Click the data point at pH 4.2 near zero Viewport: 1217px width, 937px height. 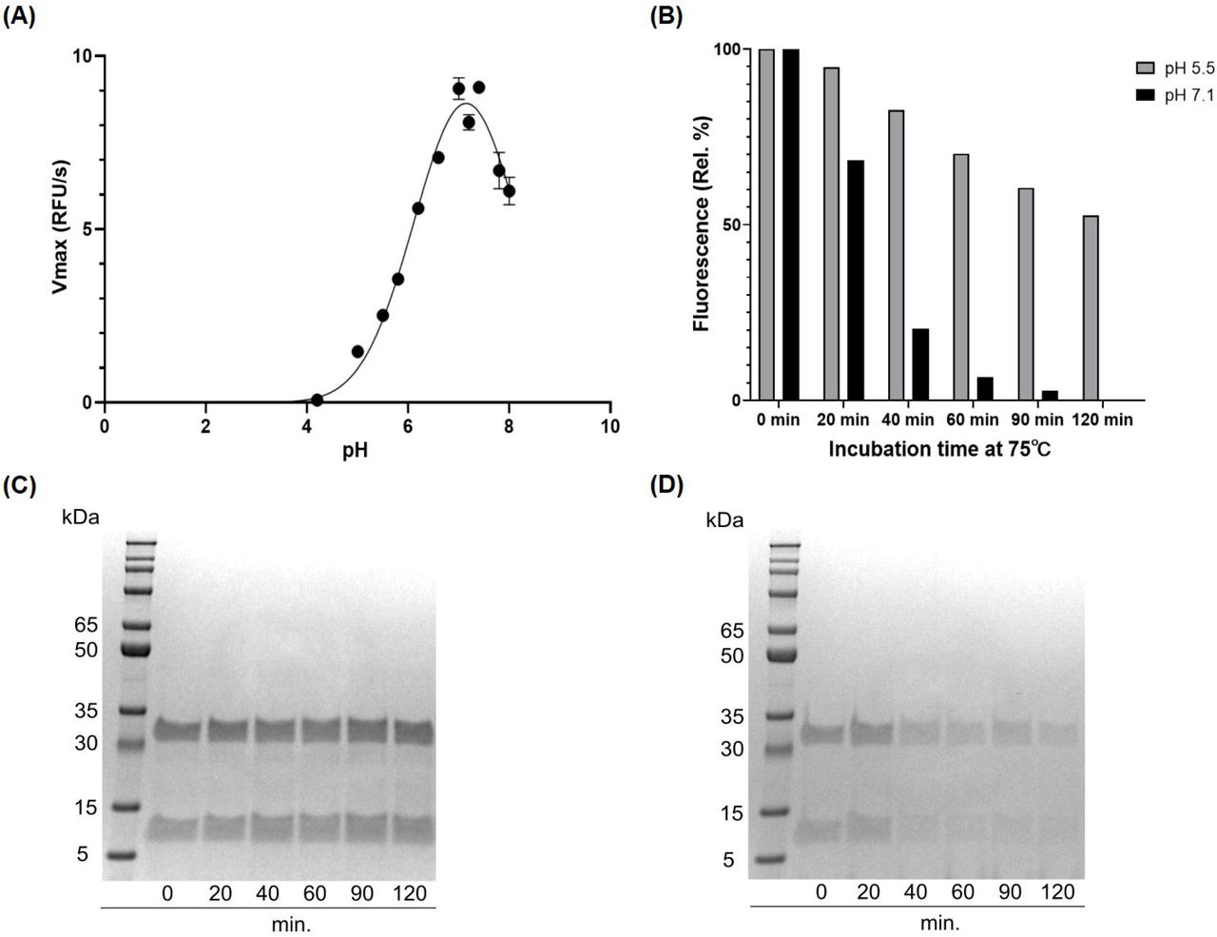pyautogui.click(x=317, y=400)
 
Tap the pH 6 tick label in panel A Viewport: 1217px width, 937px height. pyautogui.click(x=408, y=426)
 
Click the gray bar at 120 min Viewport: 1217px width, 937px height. pyautogui.click(x=1091, y=308)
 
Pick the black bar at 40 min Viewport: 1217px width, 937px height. pyautogui.click(x=919, y=364)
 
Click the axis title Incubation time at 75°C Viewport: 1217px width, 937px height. pyautogui.click(x=939, y=449)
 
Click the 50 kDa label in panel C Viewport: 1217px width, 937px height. pyautogui.click(x=81, y=651)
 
